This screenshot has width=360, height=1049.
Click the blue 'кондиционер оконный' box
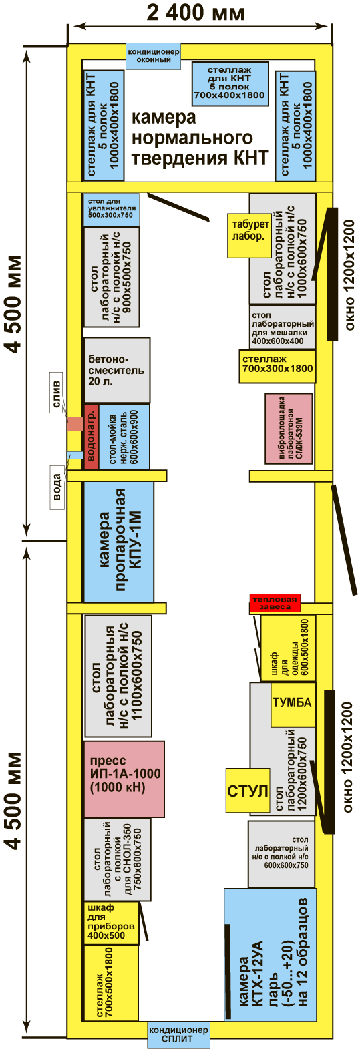pos(154,56)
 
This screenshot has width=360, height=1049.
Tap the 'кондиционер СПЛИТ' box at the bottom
pos(178,1034)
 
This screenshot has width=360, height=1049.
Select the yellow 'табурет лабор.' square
pos(249,235)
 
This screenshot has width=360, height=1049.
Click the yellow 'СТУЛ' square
pos(248,791)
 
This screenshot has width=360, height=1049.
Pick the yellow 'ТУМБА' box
pos(293,704)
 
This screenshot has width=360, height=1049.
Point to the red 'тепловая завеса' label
pos(275,603)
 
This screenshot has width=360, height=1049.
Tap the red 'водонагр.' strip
pos(92,437)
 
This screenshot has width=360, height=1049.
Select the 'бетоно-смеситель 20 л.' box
pos(117,370)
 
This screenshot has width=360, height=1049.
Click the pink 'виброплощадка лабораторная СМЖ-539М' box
pos(289,429)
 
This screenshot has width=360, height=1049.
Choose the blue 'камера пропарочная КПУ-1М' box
pos(118,542)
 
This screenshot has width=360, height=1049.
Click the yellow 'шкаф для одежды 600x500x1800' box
pos(288,648)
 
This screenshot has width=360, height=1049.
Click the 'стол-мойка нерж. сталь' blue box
pos(124,437)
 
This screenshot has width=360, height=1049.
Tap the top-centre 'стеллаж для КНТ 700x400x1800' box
pos(230,84)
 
